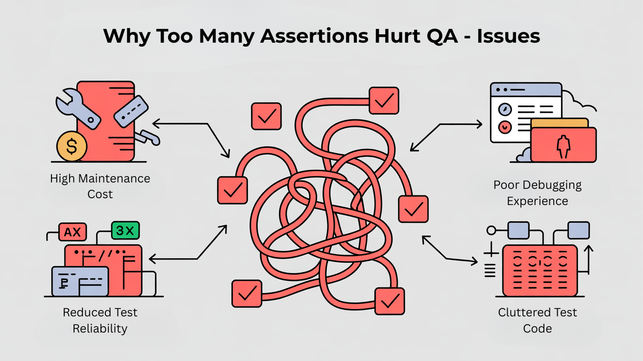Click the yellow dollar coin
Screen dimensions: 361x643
(x=72, y=146)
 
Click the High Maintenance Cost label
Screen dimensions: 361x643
(x=100, y=186)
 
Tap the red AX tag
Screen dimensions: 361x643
(x=73, y=232)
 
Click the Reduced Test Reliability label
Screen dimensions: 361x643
(x=100, y=320)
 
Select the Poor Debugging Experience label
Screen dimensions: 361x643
(x=537, y=193)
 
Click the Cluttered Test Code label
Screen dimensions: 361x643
(x=537, y=320)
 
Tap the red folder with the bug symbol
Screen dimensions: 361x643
(x=564, y=145)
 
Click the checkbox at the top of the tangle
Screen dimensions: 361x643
(x=384, y=101)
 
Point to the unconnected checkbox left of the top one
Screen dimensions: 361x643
(x=266, y=116)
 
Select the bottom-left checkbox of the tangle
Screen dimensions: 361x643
(x=247, y=293)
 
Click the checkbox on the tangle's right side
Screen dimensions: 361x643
(x=413, y=209)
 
